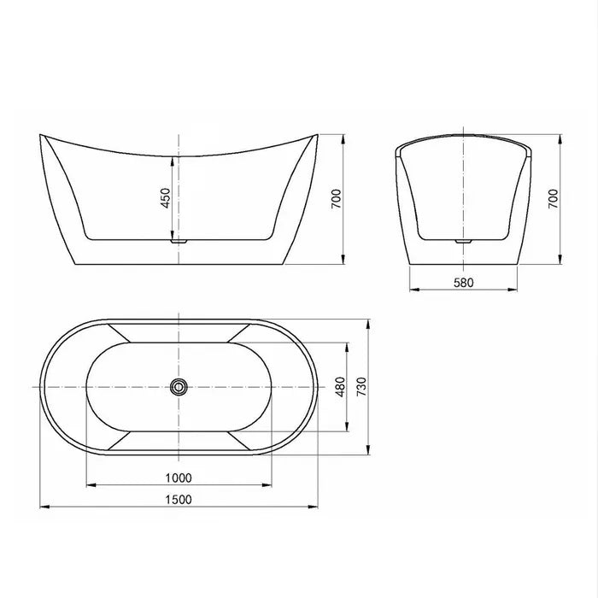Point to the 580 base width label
tap(462, 282)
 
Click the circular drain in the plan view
tap(178, 387)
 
